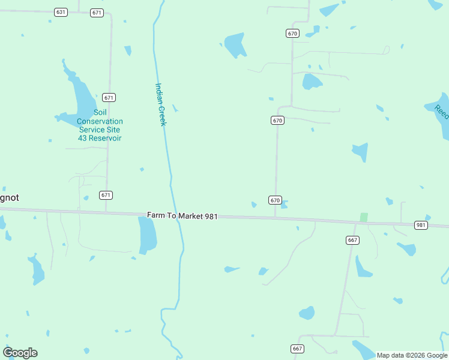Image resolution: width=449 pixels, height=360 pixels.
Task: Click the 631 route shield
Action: (60, 12)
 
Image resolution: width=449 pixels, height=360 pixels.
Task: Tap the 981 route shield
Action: (421, 225)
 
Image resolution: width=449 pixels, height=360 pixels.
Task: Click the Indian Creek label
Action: (160, 104)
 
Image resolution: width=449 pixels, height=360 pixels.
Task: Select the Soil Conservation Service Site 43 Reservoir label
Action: (99, 125)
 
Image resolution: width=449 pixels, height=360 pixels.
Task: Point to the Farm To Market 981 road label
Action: (182, 215)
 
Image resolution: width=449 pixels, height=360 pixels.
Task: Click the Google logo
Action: (20, 353)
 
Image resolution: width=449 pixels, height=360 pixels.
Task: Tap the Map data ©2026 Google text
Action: (412, 355)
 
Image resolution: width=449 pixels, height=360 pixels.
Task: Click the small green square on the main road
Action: (363, 217)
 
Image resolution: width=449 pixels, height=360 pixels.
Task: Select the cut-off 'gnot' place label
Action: (8, 197)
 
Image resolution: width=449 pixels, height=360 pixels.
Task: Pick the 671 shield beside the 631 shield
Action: (97, 13)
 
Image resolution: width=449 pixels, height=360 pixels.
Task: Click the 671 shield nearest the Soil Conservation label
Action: (109, 97)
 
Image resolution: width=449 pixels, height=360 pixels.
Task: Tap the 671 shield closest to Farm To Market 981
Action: (106, 195)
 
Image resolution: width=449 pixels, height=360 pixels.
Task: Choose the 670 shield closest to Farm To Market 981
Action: (275, 200)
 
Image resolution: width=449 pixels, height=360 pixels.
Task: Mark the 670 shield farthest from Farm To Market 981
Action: (292, 34)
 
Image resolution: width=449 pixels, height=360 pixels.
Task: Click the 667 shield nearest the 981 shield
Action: (352, 240)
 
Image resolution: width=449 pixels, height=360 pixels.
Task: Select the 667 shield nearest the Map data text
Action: (297, 349)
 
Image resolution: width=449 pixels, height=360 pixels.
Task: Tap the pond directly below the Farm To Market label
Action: (147, 235)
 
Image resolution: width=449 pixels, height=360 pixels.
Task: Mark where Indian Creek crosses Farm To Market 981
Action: (175, 214)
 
